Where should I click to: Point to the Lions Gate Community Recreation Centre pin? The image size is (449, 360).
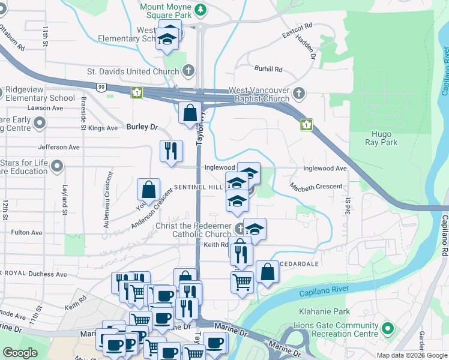388,329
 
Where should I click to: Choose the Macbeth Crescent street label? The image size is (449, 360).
316,187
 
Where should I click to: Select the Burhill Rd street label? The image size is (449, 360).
268,69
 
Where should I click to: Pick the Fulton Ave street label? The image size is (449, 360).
26,232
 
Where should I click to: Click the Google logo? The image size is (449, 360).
20,353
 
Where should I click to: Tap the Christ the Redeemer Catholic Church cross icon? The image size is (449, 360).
240,227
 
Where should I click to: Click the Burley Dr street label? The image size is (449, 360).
142,127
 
